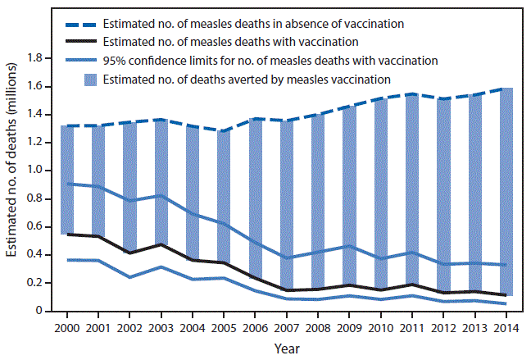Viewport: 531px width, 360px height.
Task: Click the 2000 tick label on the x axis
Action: [x=67, y=326]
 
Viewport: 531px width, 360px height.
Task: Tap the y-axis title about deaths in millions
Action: [x=14, y=185]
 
